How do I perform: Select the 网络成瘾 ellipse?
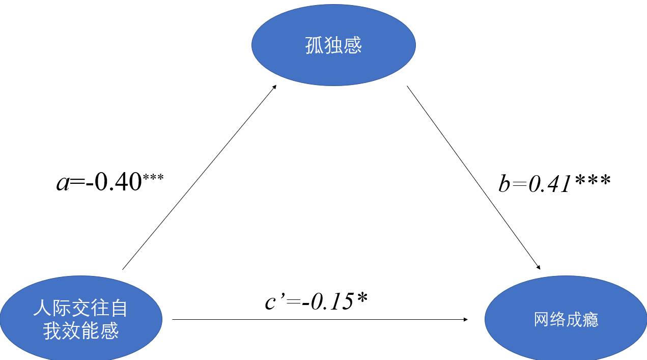[x=566, y=319]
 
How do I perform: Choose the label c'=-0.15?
[x=316, y=302]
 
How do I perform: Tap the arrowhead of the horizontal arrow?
[x=465, y=319]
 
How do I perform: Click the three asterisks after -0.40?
[x=153, y=178]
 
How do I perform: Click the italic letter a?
[x=63, y=183]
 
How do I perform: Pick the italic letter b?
[x=504, y=184]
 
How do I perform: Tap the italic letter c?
[x=270, y=303]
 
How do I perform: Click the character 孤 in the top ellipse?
[x=315, y=46]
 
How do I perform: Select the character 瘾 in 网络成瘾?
[x=591, y=320]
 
